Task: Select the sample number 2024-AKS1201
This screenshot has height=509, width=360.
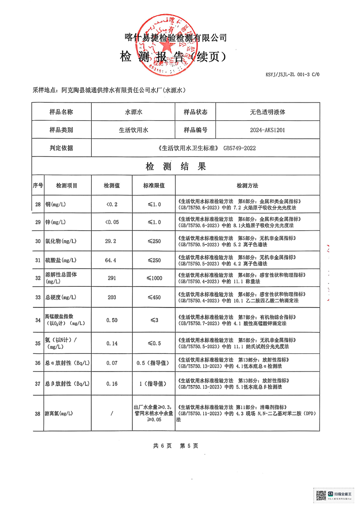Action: (x=267, y=130)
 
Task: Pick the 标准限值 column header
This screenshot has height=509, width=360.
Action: (x=153, y=186)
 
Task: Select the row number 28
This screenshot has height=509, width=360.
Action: (x=38, y=205)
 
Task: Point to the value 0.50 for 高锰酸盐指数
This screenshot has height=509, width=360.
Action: (x=111, y=320)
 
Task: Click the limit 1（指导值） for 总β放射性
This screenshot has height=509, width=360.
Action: (x=153, y=384)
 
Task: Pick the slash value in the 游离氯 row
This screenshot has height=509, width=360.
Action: (x=111, y=413)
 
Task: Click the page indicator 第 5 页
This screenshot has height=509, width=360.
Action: (x=189, y=446)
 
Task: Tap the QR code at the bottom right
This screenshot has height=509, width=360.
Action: (x=321, y=494)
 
